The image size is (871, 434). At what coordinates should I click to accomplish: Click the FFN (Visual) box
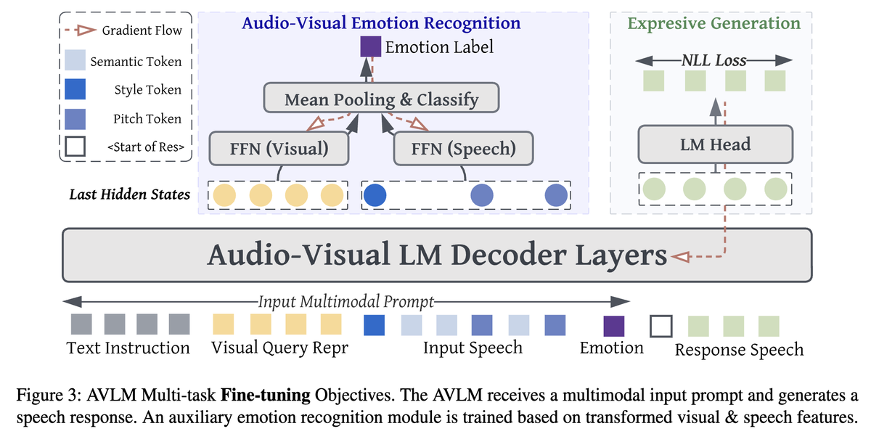click(x=279, y=149)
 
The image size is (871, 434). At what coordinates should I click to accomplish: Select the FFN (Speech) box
click(x=463, y=149)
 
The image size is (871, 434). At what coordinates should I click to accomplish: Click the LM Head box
click(x=715, y=144)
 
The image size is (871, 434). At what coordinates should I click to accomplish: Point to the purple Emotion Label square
click(x=371, y=47)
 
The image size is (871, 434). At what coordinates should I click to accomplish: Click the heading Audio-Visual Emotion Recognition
click(x=381, y=23)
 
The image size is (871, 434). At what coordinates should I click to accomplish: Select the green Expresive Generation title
click(x=713, y=23)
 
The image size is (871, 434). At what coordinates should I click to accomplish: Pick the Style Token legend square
click(x=75, y=90)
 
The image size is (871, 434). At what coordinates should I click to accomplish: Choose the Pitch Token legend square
click(x=75, y=118)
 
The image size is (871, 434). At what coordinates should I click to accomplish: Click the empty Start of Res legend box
click(x=75, y=147)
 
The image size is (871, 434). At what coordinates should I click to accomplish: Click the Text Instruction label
click(x=128, y=348)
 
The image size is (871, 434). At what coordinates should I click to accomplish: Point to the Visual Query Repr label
click(x=279, y=348)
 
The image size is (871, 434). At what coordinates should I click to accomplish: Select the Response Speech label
click(x=739, y=350)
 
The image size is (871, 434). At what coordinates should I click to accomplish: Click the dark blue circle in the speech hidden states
click(x=374, y=195)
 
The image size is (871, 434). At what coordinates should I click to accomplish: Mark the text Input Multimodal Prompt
click(x=346, y=300)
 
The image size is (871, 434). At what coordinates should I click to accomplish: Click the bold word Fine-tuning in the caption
click(x=266, y=397)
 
